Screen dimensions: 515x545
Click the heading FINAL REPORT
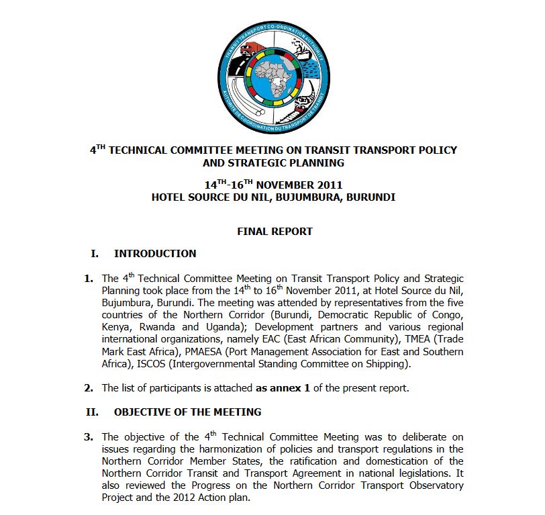pyautogui.click(x=275, y=231)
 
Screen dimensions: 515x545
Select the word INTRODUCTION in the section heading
pyautogui.click(x=155, y=254)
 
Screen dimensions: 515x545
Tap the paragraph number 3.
pyautogui.click(x=88, y=437)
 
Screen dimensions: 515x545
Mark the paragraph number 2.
pyautogui.click(x=88, y=388)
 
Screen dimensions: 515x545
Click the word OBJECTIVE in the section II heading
pyautogui.click(x=141, y=412)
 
